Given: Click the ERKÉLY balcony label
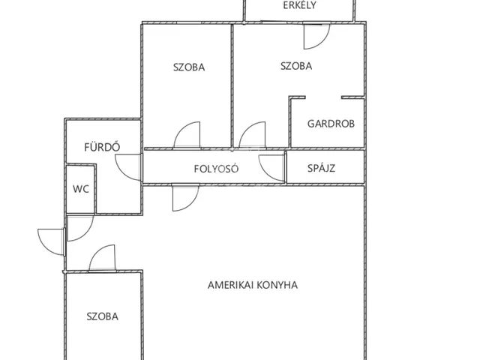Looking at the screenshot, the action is pos(299,5).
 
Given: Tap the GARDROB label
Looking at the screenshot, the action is pos(331,124).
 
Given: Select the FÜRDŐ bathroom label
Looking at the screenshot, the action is pos(102,147).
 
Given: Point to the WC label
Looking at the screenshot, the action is pos(81,189).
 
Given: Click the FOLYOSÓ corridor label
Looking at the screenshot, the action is pos(216,169).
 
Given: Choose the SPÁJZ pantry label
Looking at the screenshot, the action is pos(322,168).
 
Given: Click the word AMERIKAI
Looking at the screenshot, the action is pos(231,285).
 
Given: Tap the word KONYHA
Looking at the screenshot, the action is pos(277,285).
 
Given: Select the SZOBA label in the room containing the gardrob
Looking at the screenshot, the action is pos(296,66).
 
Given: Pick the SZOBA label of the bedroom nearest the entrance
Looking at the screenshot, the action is pos(102,316).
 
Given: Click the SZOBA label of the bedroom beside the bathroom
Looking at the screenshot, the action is pos(189,67).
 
